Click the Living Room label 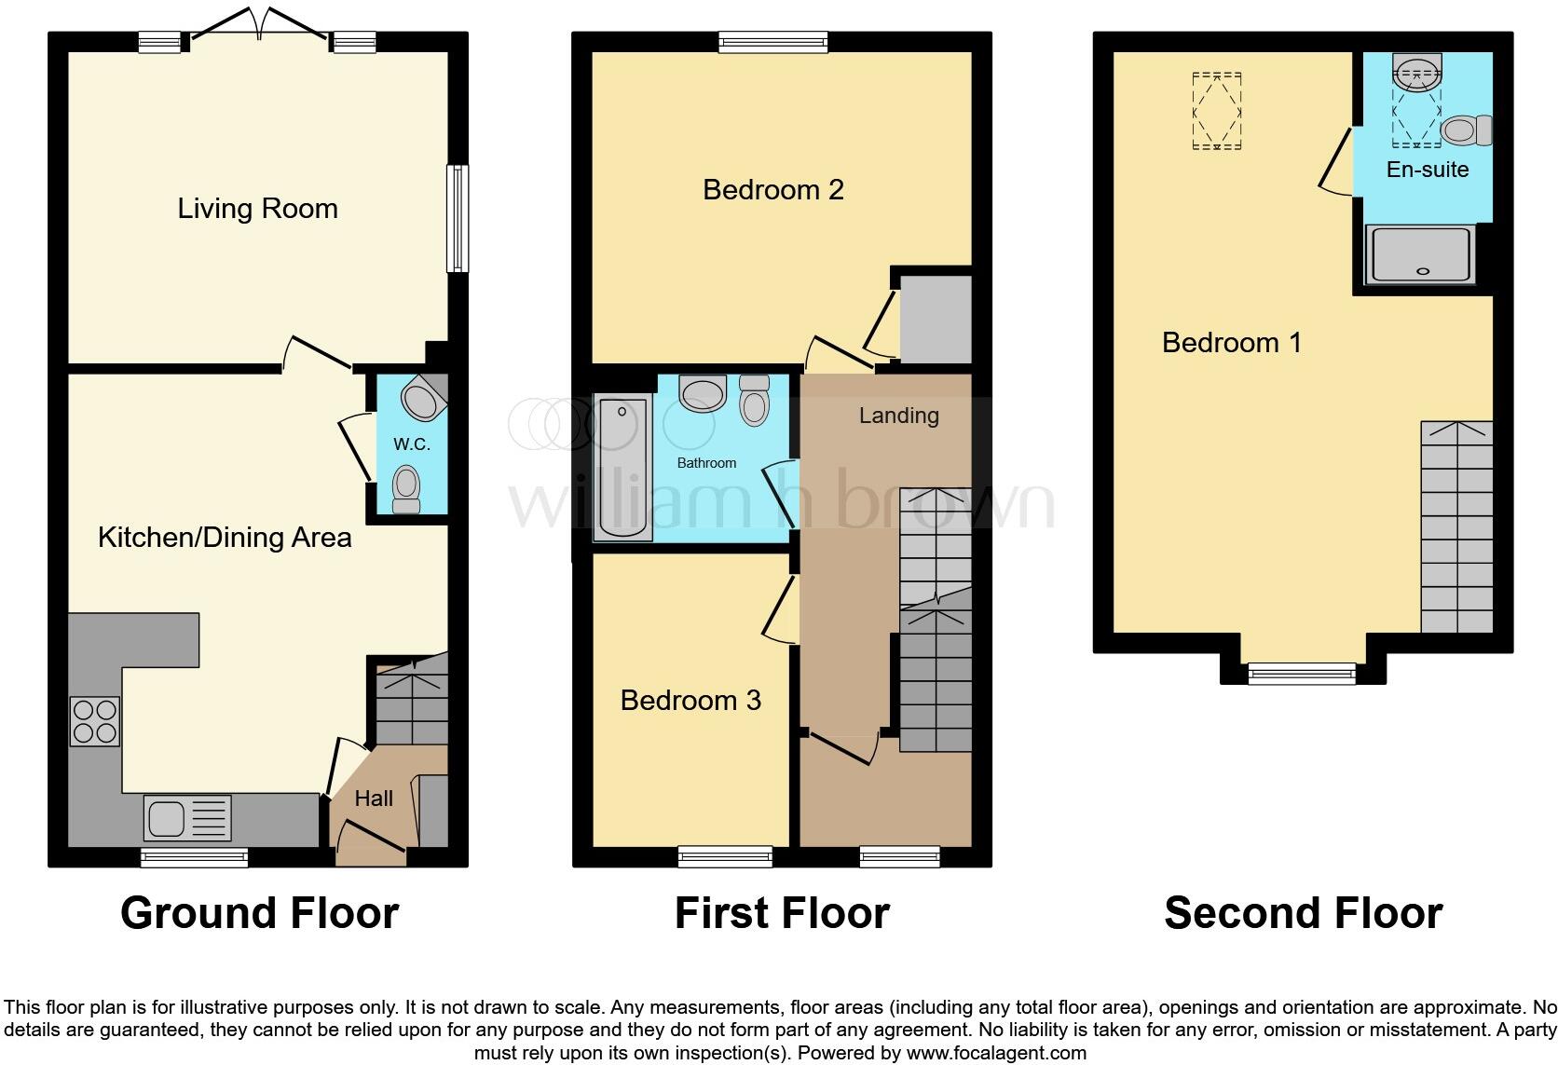(x=257, y=208)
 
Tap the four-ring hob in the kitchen (x=94, y=721)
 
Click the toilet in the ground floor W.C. (x=406, y=488)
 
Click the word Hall (x=374, y=799)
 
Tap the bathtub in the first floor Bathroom (x=622, y=468)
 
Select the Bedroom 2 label (x=772, y=190)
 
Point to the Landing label (x=898, y=416)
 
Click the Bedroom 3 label (x=690, y=701)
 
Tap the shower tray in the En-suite (x=1421, y=253)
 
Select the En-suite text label (x=1427, y=170)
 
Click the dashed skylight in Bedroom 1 (x=1217, y=110)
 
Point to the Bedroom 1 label (x=1231, y=343)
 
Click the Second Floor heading (x=1303, y=913)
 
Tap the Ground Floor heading (x=259, y=913)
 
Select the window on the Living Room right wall (x=457, y=219)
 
